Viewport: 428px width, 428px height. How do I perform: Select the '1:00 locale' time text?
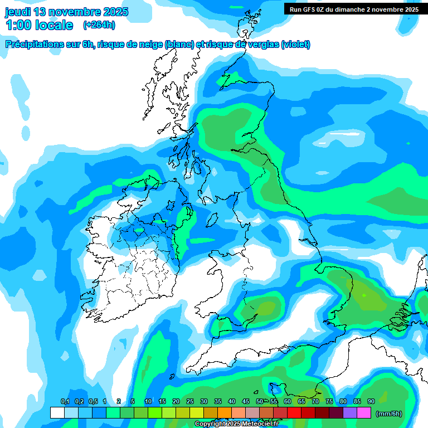pyautogui.click(x=40, y=25)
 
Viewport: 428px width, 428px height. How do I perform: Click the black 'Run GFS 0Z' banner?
pyautogui.click(x=354, y=9)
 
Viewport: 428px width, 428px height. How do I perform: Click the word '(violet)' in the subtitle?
pyautogui.click(x=295, y=45)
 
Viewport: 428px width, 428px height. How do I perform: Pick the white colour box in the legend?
pyautogui.click(x=57, y=413)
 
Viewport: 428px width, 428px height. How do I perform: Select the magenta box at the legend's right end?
pyautogui.click(x=364, y=413)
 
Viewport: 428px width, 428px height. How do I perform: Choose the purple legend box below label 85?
pyautogui.click(x=349, y=413)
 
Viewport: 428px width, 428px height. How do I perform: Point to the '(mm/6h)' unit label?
pyautogui.click(x=389, y=414)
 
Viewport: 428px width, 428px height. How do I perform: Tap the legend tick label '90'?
pyautogui.click(x=371, y=401)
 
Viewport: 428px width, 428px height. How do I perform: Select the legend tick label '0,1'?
pyautogui.click(x=65, y=401)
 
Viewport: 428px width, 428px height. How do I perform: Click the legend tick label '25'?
pyautogui.click(x=190, y=401)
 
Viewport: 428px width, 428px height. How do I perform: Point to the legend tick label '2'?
pyautogui.click(x=119, y=401)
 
